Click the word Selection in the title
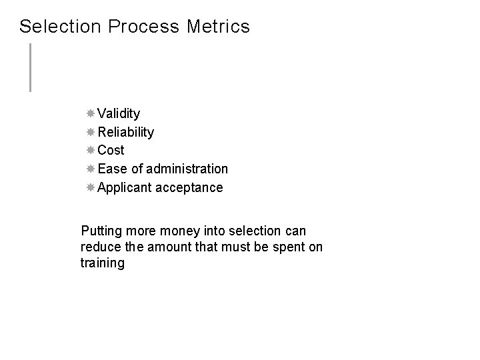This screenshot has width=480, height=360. point(60,27)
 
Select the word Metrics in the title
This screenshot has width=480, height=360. point(218,27)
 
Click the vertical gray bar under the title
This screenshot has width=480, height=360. point(30,67)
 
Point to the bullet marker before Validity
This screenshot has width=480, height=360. point(91,113)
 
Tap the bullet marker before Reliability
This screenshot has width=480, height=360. point(91,132)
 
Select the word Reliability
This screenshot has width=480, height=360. point(126,132)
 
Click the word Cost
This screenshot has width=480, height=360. point(111,150)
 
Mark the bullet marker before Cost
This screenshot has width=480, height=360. point(91,150)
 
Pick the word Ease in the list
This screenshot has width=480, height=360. point(111,169)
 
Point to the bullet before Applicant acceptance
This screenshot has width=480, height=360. point(91,187)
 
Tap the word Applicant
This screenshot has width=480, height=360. point(125,187)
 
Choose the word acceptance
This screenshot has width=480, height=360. point(189,187)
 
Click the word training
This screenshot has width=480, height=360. point(102,263)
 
